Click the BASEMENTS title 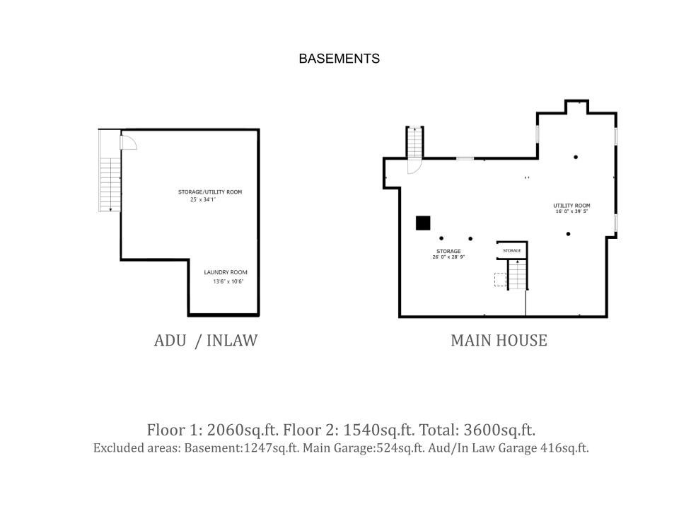pos(339,59)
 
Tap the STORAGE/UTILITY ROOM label pos(210,192)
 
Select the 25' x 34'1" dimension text pos(203,199)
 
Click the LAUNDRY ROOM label pos(226,272)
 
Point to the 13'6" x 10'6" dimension pos(228,281)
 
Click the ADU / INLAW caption pos(206,341)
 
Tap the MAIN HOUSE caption pos(499,341)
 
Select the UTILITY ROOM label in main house pos(571,206)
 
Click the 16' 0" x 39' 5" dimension pos(571,211)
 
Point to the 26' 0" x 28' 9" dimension pos(448,257)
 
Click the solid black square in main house pos(423,223)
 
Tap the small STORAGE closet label pos(512,250)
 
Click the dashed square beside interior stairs pos(500,280)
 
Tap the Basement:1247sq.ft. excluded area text pos(242,447)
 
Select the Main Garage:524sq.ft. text pos(364,447)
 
